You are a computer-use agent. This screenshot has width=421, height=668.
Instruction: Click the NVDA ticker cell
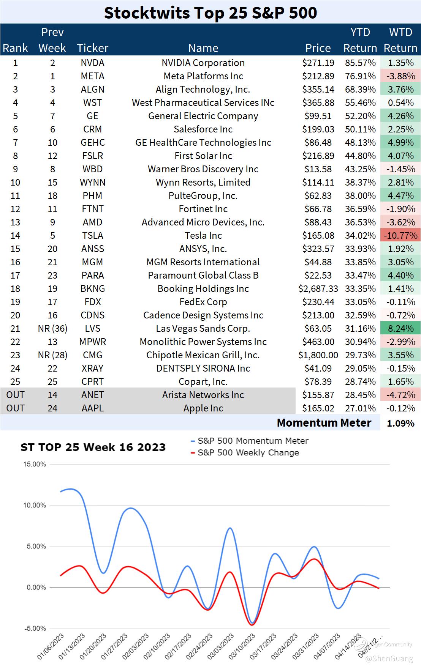pos(92,63)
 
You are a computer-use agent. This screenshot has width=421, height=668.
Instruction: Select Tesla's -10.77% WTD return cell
pos(400,236)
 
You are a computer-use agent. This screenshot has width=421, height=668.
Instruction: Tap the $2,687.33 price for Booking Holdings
pos(318,289)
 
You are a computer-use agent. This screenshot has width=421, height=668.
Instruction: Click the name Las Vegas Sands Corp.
pos(203,329)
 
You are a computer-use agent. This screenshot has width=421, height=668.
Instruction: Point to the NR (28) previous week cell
pos(52,355)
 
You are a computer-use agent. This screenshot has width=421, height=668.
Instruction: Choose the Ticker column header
pos(92,48)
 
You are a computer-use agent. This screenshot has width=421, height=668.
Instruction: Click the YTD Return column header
pos(360,40)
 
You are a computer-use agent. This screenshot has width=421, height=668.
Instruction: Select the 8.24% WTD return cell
pos(400,329)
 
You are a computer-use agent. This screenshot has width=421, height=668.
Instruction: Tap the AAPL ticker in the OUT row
pos(92,408)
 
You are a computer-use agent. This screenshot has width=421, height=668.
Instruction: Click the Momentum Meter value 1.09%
pos(400,423)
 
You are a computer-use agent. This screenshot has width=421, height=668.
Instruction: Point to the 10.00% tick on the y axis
pos(35,506)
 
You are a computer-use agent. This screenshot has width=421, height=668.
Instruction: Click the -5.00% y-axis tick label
pos(35,629)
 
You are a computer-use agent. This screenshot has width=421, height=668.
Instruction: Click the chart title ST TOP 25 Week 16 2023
pos(93,447)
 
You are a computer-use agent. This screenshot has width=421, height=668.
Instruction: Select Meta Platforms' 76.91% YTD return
pos(360,76)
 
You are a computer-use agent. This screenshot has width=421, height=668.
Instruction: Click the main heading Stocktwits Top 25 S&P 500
pos(210,13)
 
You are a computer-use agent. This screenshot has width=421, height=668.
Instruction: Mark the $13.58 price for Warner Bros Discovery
pos(318,169)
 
